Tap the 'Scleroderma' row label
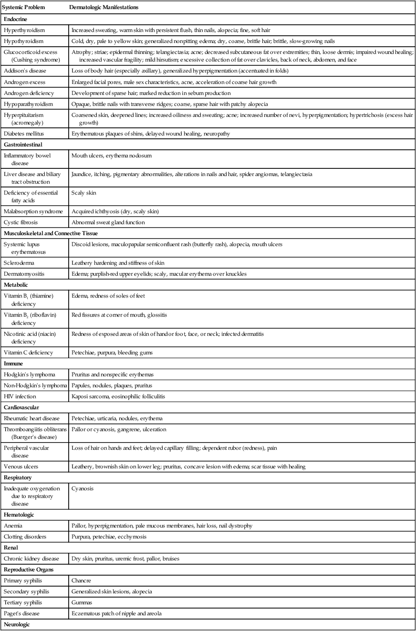click(x=19, y=263)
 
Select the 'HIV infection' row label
click(x=20, y=397)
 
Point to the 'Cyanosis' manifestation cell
click(x=82, y=489)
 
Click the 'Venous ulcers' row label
click(x=21, y=466)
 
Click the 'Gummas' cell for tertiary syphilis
click(x=82, y=602)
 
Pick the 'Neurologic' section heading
click(x=17, y=624)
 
